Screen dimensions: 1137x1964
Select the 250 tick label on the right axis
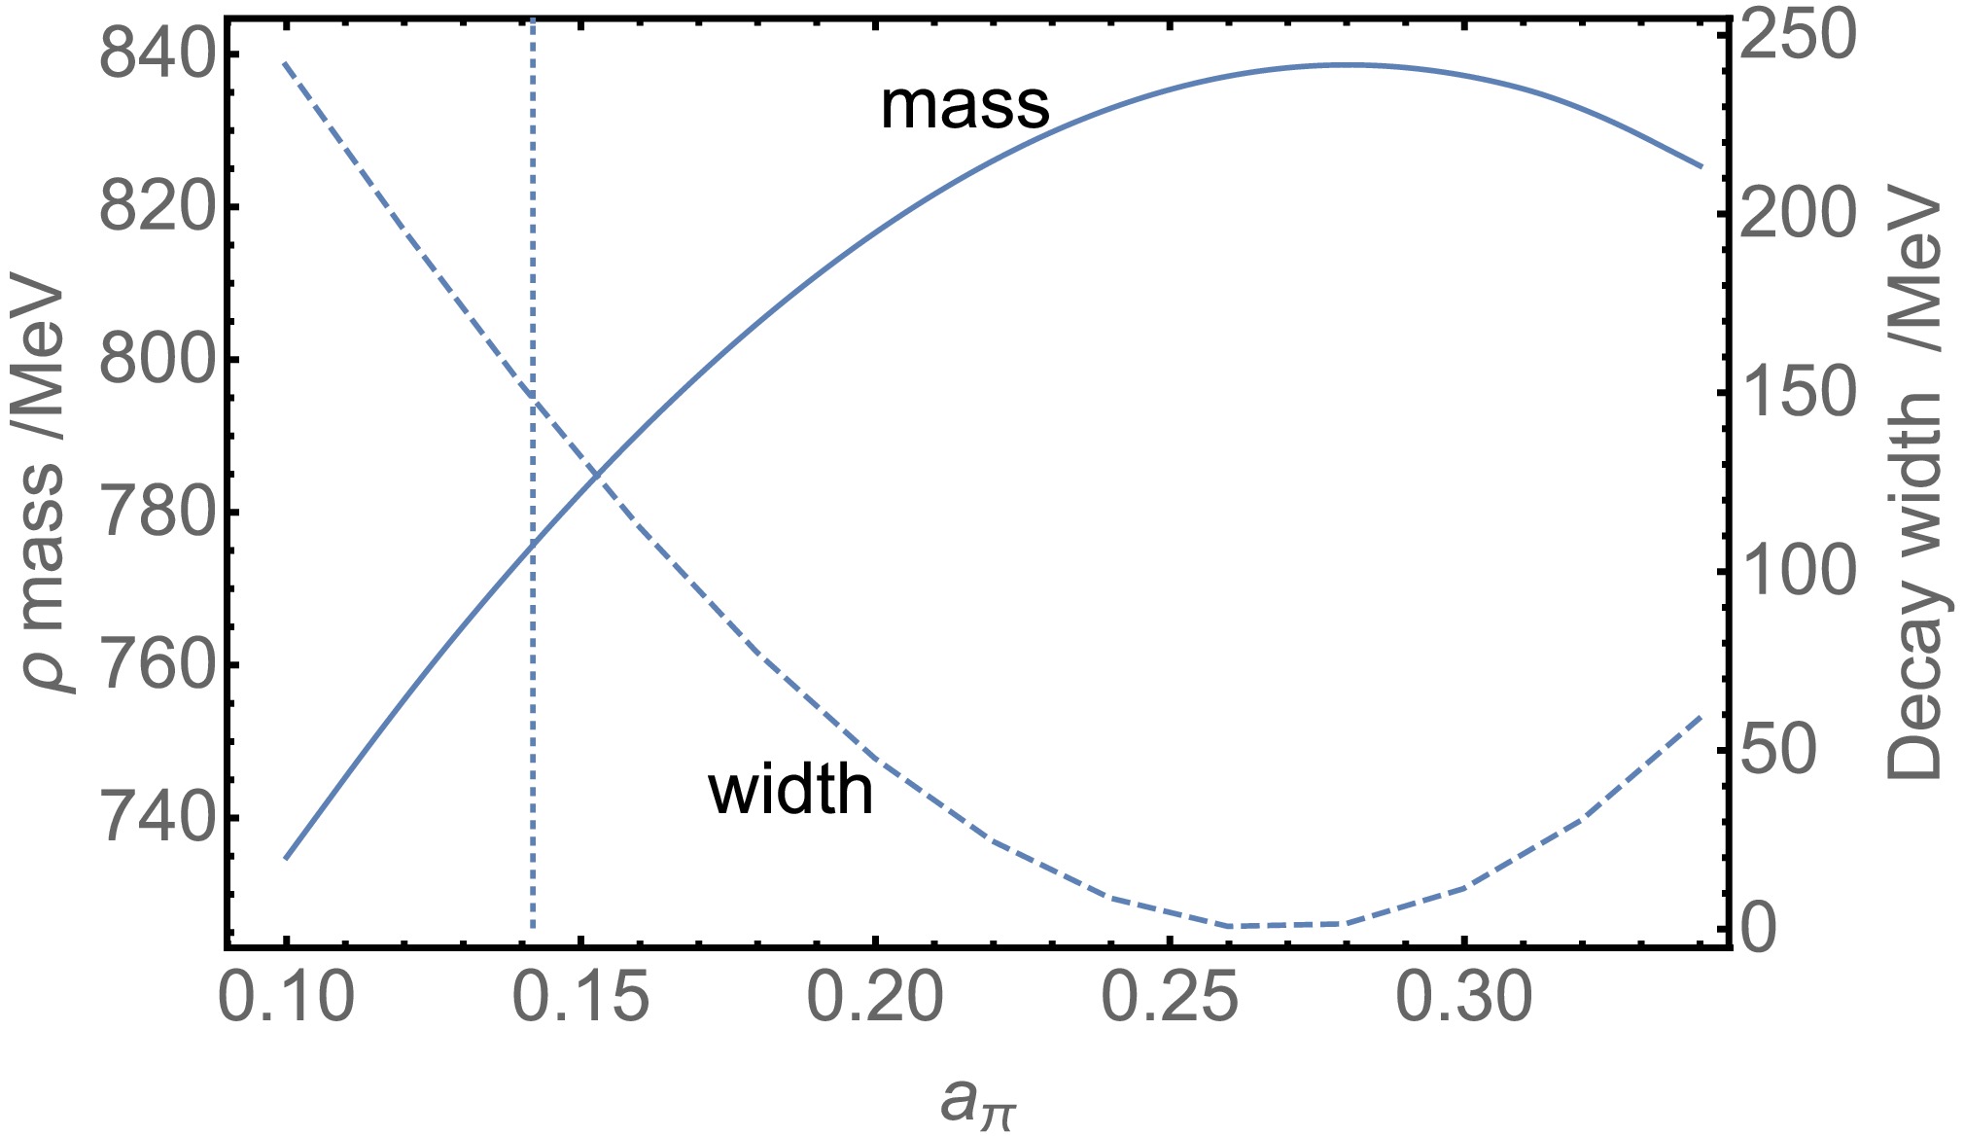[1797, 36]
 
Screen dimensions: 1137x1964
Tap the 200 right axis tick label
[1797, 215]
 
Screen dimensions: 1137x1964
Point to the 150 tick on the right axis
[1797, 393]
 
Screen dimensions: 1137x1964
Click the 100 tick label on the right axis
[1797, 572]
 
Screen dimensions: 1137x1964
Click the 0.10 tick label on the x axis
[286, 998]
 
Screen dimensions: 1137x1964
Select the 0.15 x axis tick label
[580, 998]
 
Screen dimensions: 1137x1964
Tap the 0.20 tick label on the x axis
[875, 998]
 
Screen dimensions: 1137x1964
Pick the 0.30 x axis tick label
[1464, 998]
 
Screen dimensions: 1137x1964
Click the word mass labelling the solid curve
[964, 106]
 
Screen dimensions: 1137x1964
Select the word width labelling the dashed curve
[790, 790]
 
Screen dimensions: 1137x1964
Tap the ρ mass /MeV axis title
[44, 486]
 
